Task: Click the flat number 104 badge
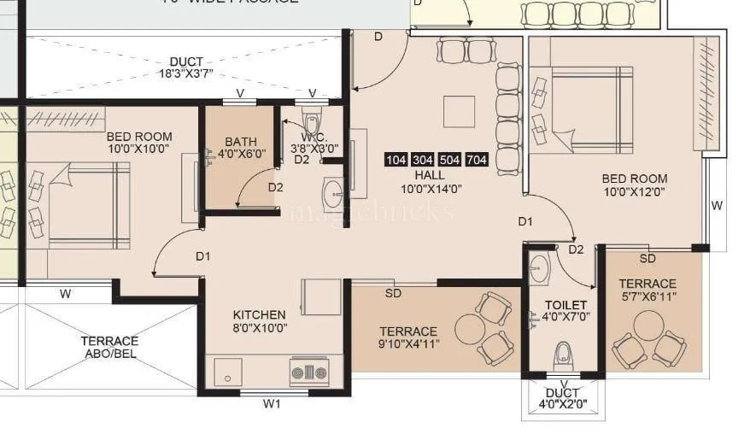coord(396,160)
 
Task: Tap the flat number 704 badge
coord(478,160)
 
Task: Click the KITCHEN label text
coord(259,314)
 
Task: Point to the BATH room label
coord(241,142)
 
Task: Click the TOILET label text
coord(565,304)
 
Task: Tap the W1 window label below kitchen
coord(272,404)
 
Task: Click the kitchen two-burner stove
coord(308,372)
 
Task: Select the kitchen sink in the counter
coord(228,372)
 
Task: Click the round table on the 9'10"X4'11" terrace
coord(469,329)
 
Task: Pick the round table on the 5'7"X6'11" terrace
coord(648,325)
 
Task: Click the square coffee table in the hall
coord(459,111)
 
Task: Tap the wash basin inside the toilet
coord(540,269)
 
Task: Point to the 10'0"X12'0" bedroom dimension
coord(635,193)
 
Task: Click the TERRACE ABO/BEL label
coord(109,347)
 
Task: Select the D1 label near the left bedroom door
coord(202,255)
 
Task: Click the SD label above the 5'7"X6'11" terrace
coord(647,258)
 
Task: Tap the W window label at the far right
coord(718,205)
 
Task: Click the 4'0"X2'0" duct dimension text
coord(563,406)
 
